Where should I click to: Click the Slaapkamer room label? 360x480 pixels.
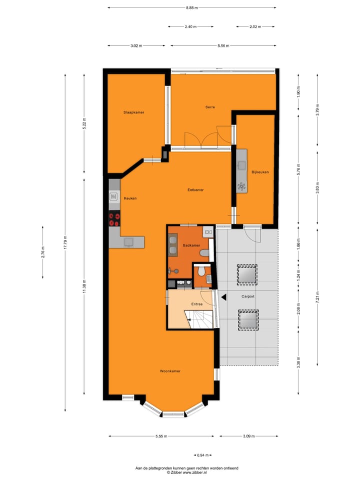coord(133,112)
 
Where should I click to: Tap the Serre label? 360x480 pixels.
coord(210,107)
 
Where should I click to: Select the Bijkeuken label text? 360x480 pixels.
coord(260,172)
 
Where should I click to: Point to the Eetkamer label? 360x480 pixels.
coord(195,190)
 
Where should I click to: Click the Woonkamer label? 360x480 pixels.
coord(170,371)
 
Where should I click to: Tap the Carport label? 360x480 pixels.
coord(248,296)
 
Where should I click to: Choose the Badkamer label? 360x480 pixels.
coord(191,245)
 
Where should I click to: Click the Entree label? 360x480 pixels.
coord(197,304)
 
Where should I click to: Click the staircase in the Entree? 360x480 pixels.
coord(201,319)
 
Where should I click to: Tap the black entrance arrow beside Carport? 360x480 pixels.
coord(224,297)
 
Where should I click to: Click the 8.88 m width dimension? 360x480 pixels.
coord(191,7)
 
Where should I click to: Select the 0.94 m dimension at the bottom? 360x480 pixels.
coord(202,455)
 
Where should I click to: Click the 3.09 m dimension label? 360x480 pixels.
coord(248,436)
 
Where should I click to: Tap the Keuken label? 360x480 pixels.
coord(130,198)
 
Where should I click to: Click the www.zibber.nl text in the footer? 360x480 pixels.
coord(193,472)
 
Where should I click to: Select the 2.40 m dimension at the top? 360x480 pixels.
coord(190,26)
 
